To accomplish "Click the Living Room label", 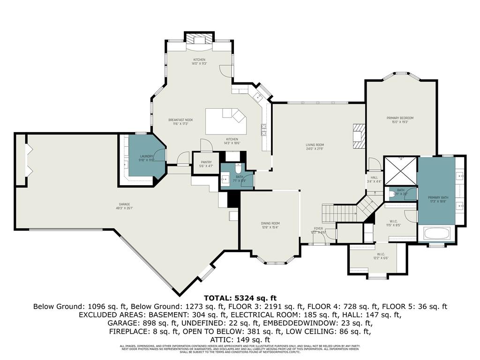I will pos(315,145).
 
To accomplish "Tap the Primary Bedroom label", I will pos(400,118).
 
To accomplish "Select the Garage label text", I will pos(124,204).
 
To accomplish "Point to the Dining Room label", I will pos(270,223).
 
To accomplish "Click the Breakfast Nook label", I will pos(180,120).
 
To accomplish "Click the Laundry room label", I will pos(147,156).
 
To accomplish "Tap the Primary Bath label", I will pos(438,198).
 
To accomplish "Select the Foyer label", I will pos(318,228).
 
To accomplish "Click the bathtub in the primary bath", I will pos(436,233).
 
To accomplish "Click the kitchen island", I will pos(226,120).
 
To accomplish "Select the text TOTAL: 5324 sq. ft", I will pos(240,298).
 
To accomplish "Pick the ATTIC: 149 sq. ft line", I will pos(240,339).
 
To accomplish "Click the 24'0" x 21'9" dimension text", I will pos(315,149).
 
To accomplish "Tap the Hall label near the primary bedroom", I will pos(374,178).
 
